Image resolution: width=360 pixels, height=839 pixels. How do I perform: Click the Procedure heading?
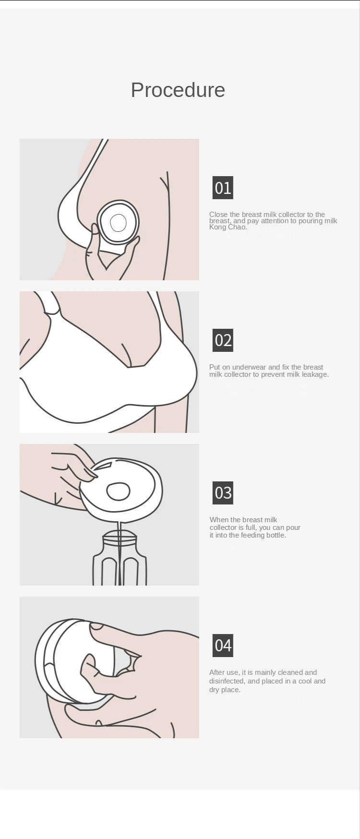coord(178,90)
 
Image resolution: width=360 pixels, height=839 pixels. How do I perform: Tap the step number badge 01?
coord(223,188)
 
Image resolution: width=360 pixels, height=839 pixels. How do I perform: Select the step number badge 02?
coord(223,340)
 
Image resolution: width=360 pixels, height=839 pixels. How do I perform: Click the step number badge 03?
coord(223,493)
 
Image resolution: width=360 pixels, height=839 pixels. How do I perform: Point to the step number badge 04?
coord(223,646)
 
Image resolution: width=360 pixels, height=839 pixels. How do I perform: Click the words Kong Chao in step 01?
coord(228,227)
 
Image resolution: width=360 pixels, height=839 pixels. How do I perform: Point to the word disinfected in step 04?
coord(226,681)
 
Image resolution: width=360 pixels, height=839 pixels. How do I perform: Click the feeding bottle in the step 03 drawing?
coord(120,559)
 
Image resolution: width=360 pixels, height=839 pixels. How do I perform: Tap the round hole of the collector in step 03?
coord(118,491)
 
